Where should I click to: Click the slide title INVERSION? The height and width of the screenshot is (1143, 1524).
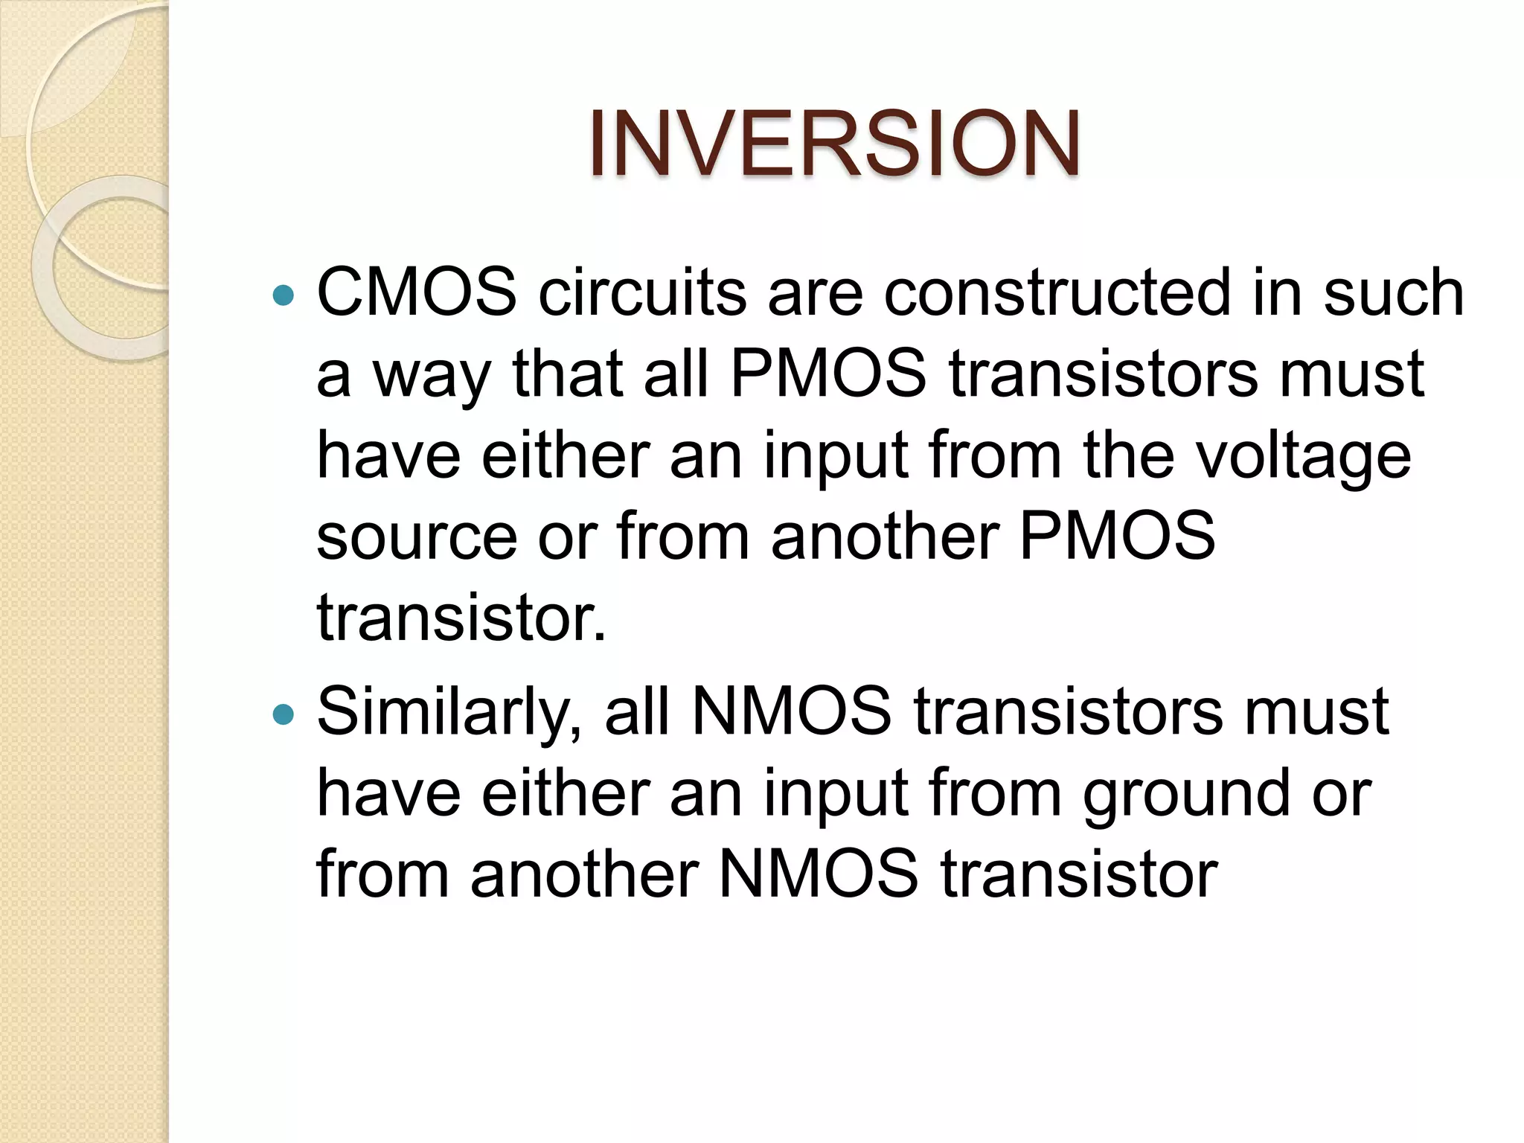(x=834, y=144)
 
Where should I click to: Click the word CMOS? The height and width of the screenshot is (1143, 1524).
(x=417, y=292)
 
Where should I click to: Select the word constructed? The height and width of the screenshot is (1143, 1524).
(x=1057, y=292)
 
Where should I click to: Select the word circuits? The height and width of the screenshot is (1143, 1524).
(x=642, y=292)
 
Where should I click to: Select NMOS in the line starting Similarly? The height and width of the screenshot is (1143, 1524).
(x=791, y=711)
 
